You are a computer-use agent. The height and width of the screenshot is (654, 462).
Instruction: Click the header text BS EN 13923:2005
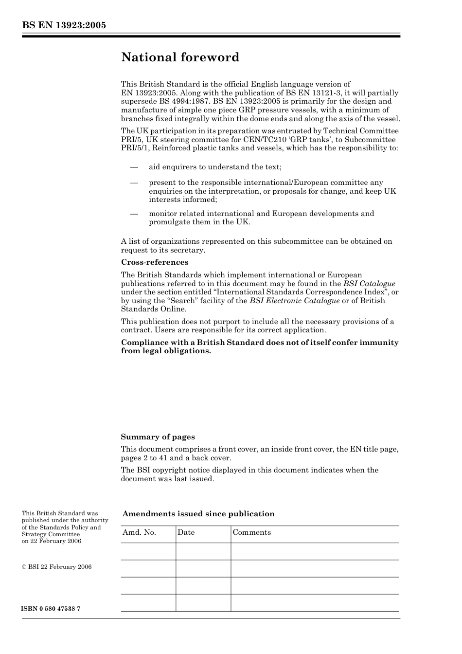pyautogui.click(x=64, y=25)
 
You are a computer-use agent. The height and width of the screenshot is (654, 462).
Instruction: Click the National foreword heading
pyautogui.click(x=180, y=57)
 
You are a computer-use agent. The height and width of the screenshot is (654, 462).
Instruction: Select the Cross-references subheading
pyautogui.click(x=154, y=262)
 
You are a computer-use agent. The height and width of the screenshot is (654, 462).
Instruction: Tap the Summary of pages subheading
pyautogui.click(x=158, y=437)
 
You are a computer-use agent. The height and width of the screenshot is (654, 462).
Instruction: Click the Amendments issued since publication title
pyautogui.click(x=198, y=514)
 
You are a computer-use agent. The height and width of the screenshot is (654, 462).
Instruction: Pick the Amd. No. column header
pyautogui.click(x=139, y=532)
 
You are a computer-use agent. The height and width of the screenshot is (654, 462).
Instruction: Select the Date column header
pyautogui.click(x=186, y=532)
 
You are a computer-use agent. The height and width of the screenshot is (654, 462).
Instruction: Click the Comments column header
pyautogui.click(x=251, y=532)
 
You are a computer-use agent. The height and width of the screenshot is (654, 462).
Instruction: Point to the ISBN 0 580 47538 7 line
pyautogui.click(x=51, y=609)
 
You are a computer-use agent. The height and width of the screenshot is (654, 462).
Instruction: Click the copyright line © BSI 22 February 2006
pyautogui.click(x=56, y=567)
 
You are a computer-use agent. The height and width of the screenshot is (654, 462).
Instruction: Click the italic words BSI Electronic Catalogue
pyautogui.click(x=294, y=301)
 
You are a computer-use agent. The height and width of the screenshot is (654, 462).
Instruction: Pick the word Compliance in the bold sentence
pyautogui.click(x=145, y=343)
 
